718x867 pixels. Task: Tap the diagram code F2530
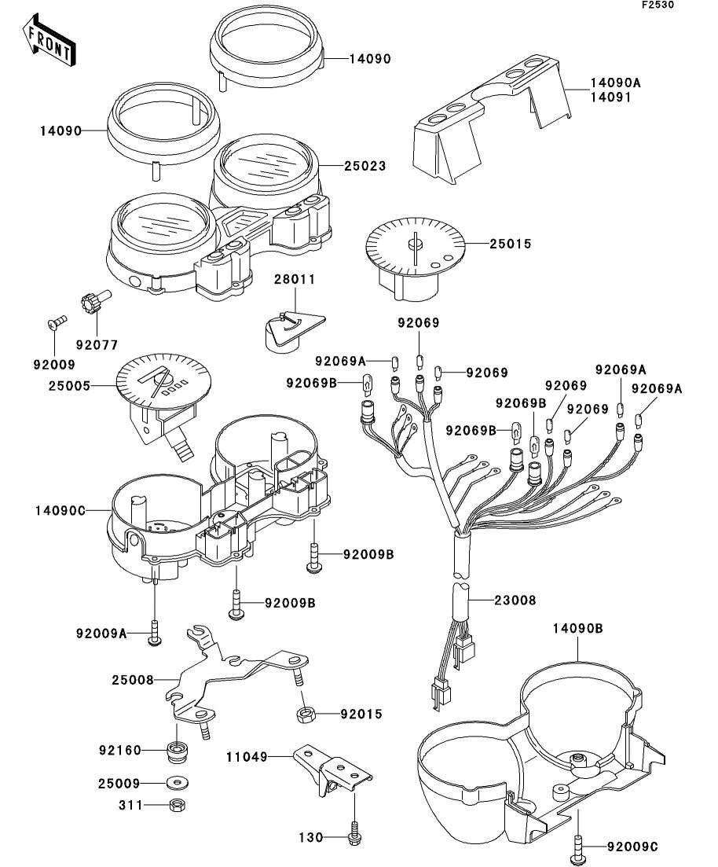[658, 5]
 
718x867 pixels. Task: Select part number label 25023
[365, 166]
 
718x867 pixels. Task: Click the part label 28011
[295, 279]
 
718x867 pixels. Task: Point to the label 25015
[511, 244]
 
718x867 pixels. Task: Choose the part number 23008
[515, 600]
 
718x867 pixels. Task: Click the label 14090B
[578, 629]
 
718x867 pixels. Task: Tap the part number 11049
[247, 757]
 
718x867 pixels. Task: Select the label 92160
[120, 751]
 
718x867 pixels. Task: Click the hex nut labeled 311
[176, 805]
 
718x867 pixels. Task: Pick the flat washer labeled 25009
[177, 783]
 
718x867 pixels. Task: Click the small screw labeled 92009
[54, 321]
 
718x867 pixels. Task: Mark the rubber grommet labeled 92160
[176, 752]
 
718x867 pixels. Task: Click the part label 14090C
[60, 510]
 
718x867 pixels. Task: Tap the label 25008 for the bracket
[133, 679]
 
